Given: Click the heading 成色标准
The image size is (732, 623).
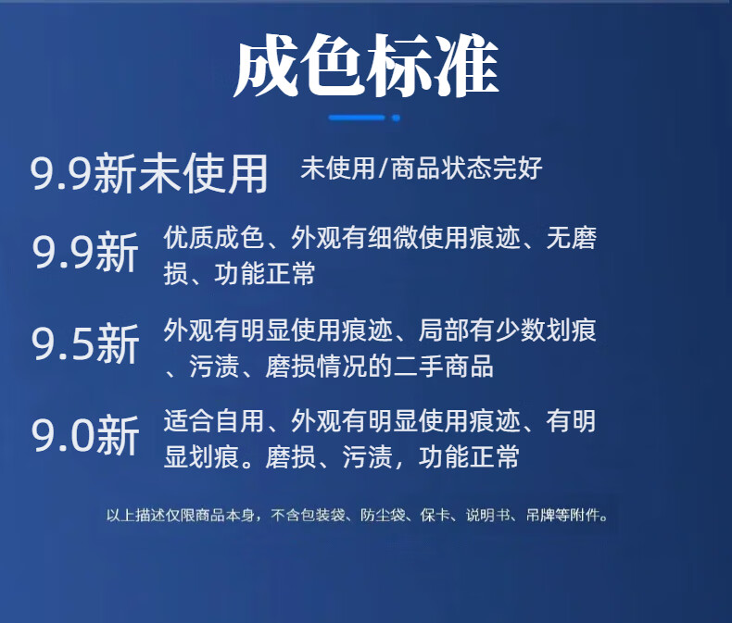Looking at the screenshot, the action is pyautogui.click(x=367, y=66).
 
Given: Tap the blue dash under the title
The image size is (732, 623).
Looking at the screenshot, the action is pyautogui.click(x=357, y=118).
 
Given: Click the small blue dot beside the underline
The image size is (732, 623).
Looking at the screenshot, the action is pyautogui.click(x=396, y=118).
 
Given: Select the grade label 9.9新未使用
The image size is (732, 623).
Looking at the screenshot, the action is pyautogui.click(x=149, y=174).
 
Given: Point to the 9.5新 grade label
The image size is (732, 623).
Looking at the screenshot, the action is pyautogui.click(x=85, y=343).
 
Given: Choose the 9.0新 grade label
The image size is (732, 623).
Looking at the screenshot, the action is pyautogui.click(x=85, y=434).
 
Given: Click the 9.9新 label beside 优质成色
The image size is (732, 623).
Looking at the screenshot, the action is pyautogui.click(x=85, y=253).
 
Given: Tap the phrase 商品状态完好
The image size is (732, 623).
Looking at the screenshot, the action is pyautogui.click(x=466, y=168).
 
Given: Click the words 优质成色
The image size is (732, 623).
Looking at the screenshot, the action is pyautogui.click(x=214, y=237).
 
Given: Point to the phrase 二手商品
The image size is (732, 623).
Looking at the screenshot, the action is pyautogui.click(x=444, y=366).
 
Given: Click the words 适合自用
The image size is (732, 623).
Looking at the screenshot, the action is pyautogui.click(x=214, y=420).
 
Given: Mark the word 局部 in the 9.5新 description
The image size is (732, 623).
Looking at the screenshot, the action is pyautogui.click(x=444, y=330).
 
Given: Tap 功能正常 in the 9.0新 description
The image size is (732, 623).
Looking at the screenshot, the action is pyautogui.click(x=469, y=456).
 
